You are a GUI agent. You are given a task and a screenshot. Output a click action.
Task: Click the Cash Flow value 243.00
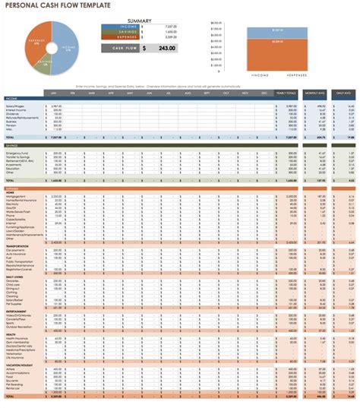point(165,49)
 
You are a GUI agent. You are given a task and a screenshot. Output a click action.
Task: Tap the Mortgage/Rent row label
point(16,196)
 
